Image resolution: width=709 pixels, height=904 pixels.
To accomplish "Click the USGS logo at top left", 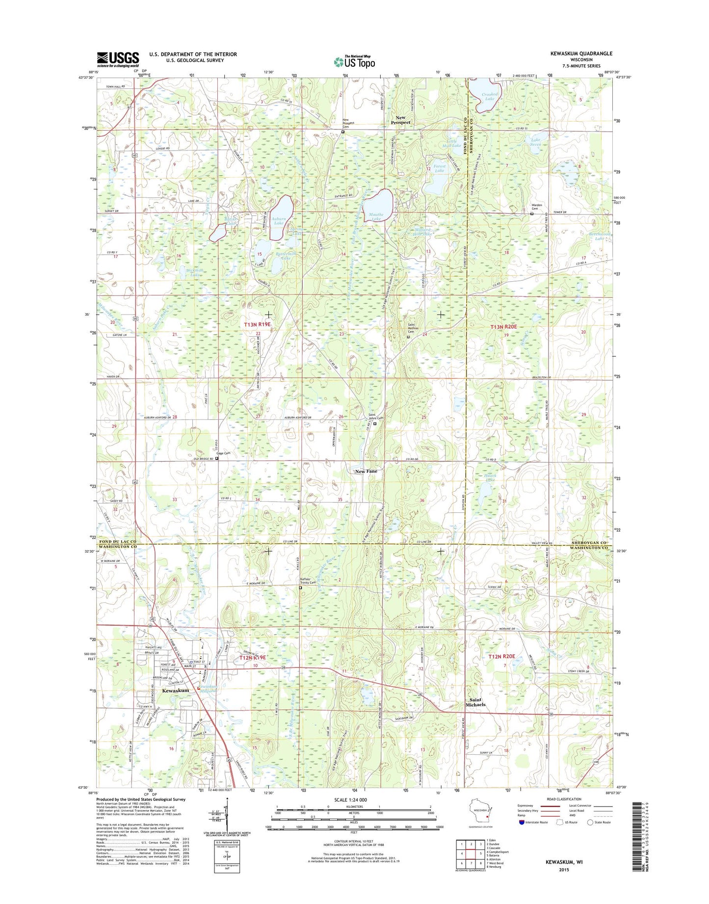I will point(118,59).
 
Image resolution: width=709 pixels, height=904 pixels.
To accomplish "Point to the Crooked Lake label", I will point(490,96).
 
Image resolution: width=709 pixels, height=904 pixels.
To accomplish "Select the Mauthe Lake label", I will point(376,217).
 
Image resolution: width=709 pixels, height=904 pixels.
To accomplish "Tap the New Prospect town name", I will point(400,120).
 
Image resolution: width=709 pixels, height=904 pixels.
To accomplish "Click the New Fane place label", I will point(366,471).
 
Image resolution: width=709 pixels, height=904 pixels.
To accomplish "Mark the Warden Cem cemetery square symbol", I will point(532,213).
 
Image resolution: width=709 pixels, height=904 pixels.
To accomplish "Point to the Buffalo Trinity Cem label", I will point(307,581).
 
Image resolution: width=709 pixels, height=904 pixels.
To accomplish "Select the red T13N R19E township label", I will point(257,325).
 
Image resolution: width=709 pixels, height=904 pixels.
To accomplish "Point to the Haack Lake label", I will point(490,478).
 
